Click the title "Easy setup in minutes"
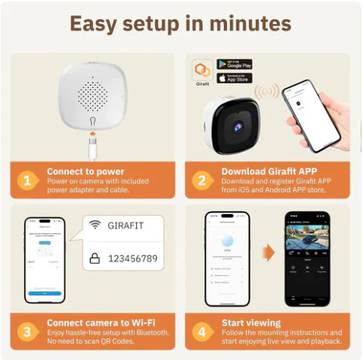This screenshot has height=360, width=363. [x=181, y=23]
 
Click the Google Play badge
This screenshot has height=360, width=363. [x=234, y=64]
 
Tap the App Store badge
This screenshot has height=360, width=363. [x=234, y=78]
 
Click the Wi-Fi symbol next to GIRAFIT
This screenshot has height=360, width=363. [x=95, y=225]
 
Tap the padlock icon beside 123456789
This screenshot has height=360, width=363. [x=95, y=259]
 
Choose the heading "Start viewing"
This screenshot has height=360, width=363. [x=251, y=322]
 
